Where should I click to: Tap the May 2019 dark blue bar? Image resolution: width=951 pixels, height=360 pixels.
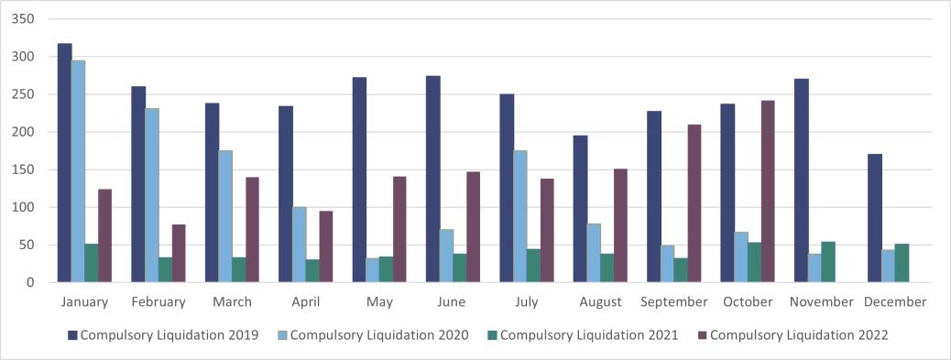(359, 180)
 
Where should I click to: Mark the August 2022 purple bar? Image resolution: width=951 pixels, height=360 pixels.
(620, 225)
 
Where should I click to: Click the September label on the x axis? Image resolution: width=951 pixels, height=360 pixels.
(674, 301)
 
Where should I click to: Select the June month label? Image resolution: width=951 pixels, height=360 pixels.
(452, 301)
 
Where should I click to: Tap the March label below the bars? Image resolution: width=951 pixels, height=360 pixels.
(232, 301)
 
